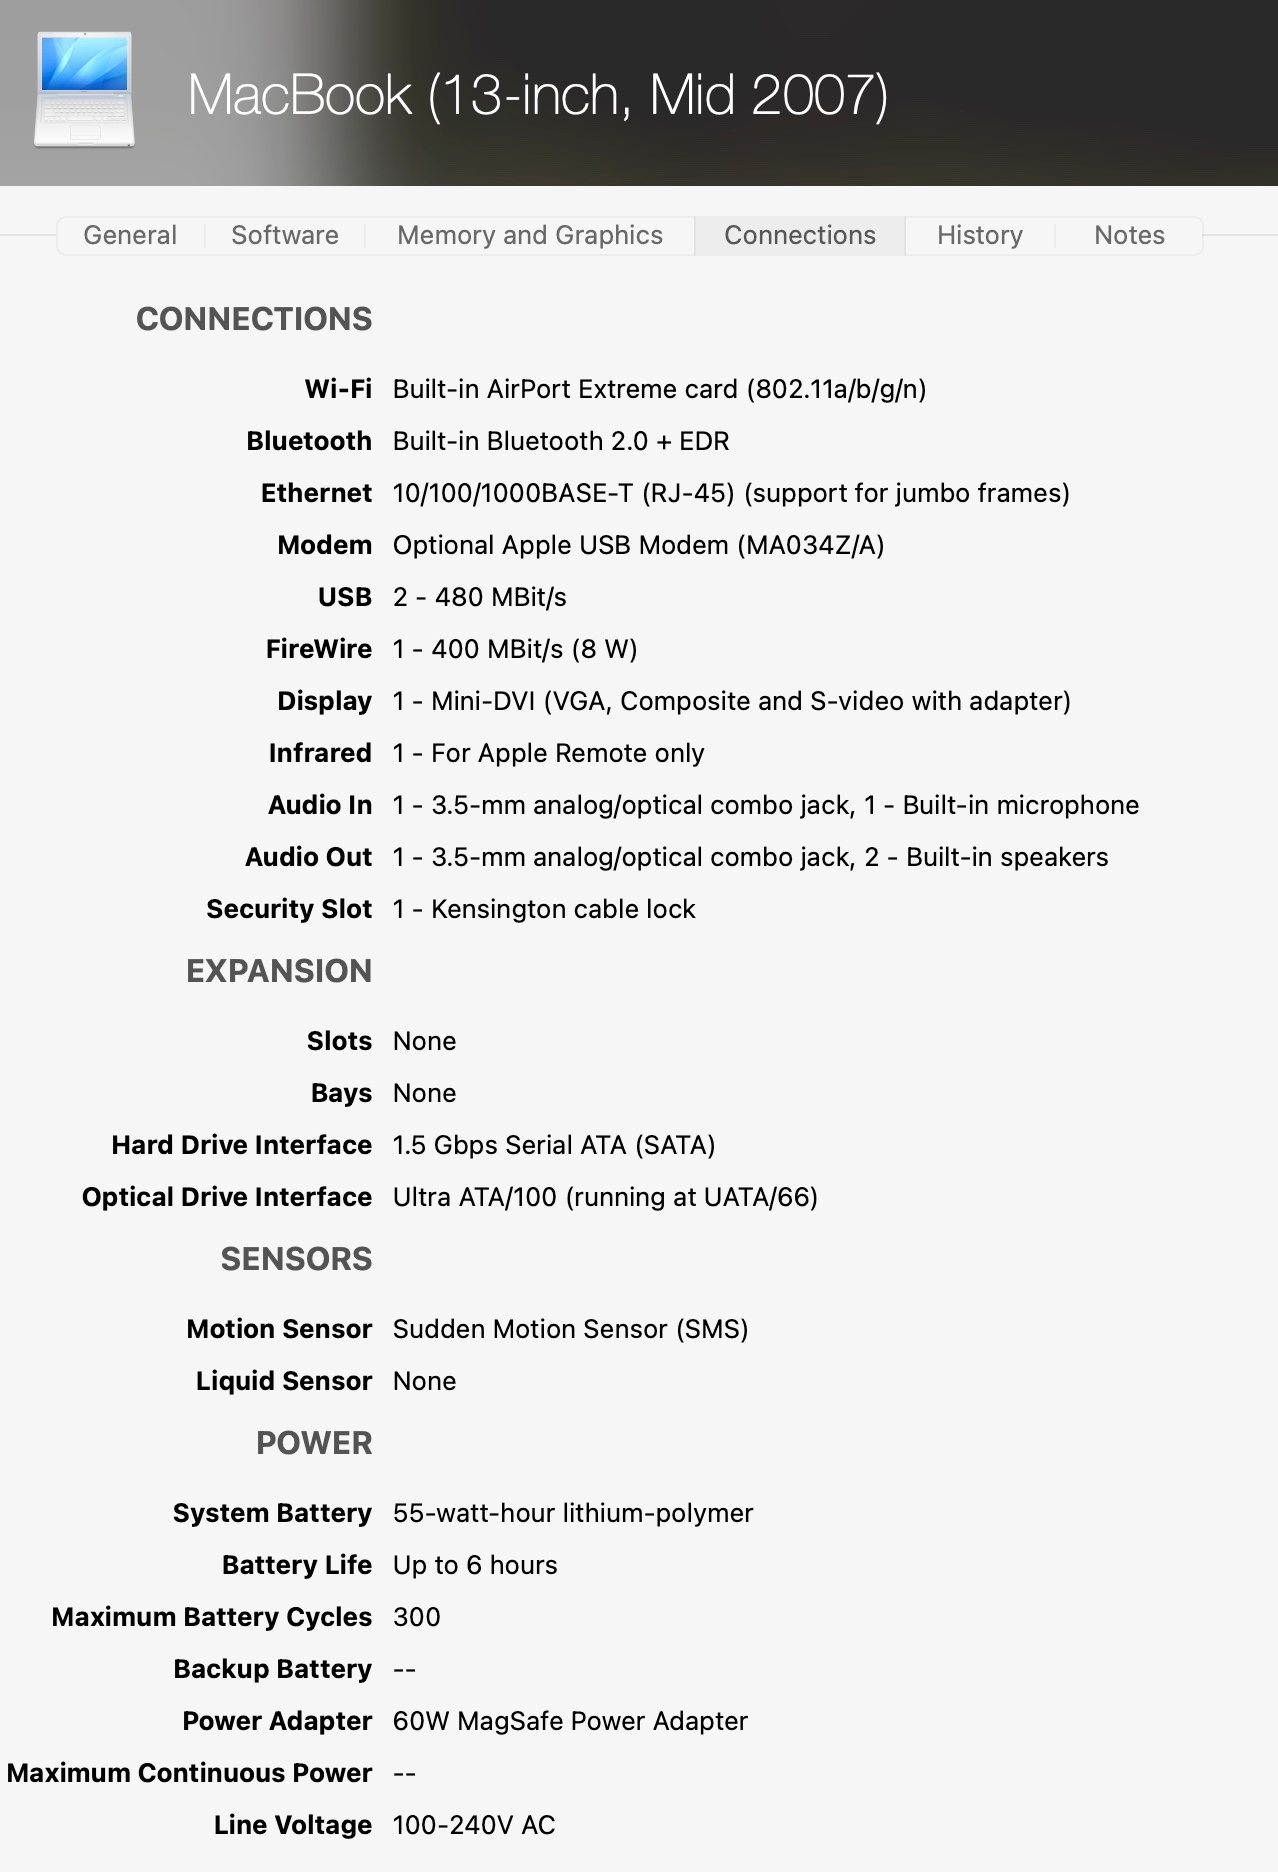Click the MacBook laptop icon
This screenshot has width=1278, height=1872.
point(84,90)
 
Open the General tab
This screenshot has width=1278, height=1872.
point(130,235)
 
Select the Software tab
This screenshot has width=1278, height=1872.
point(285,235)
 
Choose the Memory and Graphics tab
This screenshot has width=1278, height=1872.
point(530,235)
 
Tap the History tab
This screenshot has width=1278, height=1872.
point(980,235)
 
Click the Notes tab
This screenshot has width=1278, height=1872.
point(1129,235)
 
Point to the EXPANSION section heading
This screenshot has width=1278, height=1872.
point(279,971)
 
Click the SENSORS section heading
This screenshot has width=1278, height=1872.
point(296,1259)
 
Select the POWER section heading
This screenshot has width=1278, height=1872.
point(314,1443)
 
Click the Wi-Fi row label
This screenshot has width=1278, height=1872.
point(338,389)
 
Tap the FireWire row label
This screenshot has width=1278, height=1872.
point(318,649)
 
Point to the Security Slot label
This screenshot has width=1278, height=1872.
point(289,909)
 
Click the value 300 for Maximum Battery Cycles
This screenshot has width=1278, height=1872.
point(417,1617)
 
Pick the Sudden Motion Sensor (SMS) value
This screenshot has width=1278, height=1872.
point(570,1329)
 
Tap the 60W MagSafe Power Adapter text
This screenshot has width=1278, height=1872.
point(570,1721)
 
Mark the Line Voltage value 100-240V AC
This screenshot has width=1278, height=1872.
point(474,1825)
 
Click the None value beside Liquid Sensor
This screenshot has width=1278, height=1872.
point(424,1381)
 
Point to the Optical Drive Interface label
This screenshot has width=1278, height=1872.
point(227,1197)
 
